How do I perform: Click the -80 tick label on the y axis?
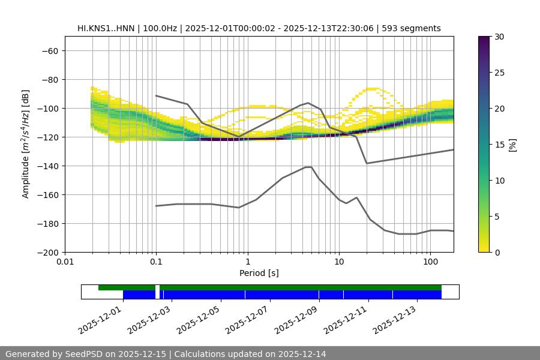point(49,79)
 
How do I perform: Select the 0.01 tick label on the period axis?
point(65,262)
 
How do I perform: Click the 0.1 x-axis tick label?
point(156,262)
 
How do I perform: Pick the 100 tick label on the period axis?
point(430,262)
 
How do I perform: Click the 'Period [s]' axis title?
point(259,273)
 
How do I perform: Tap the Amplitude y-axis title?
point(26,144)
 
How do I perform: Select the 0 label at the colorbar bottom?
point(498,252)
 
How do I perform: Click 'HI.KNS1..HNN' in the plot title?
point(105,28)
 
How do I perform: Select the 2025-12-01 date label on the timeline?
point(100,319)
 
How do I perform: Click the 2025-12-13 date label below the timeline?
point(394,319)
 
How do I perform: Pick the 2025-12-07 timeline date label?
point(247,319)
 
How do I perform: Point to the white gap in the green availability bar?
point(157,287)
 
